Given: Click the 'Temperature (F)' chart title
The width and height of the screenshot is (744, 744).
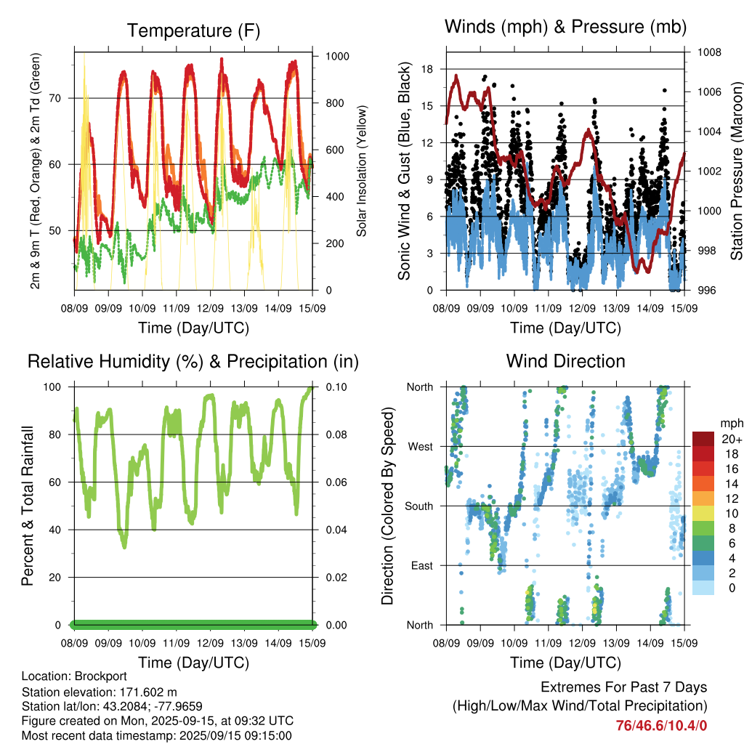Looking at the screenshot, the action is coord(193,31).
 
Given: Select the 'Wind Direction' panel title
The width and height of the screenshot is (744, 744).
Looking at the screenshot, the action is coord(565,361).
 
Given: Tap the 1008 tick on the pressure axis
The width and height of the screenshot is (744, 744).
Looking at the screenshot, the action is coord(709,52).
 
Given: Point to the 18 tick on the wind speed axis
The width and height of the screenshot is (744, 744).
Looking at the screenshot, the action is coord(427,69).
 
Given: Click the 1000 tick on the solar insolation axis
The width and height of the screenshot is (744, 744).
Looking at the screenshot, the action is coord(337,57).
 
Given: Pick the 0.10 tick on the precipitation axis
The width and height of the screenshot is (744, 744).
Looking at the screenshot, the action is coord(336,387).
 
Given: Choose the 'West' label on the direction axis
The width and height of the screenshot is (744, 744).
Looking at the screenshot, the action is coord(421,447).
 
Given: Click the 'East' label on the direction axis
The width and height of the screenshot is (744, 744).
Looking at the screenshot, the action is coord(422,565).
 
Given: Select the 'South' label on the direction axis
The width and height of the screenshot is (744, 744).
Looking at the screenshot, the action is coord(419,506).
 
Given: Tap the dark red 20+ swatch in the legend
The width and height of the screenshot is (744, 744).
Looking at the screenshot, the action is coord(703,439).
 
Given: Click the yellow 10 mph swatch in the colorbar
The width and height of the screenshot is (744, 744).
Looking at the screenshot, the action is coord(703,514).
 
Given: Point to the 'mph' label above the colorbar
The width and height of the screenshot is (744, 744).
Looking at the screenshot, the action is coord(732,424).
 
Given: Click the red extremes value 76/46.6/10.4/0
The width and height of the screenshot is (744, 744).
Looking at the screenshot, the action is coord(661,726).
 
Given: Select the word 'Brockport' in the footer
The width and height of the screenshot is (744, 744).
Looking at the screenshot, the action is coord(100,676).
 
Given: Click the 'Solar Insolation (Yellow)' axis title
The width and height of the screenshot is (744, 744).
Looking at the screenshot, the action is coord(362,171).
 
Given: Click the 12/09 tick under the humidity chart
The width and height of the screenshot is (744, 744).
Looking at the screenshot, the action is coord(210,644).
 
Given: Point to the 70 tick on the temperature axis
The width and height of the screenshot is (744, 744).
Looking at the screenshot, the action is coord(55,99).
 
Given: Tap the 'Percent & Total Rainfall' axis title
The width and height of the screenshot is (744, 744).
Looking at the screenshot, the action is coord(28,506).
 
